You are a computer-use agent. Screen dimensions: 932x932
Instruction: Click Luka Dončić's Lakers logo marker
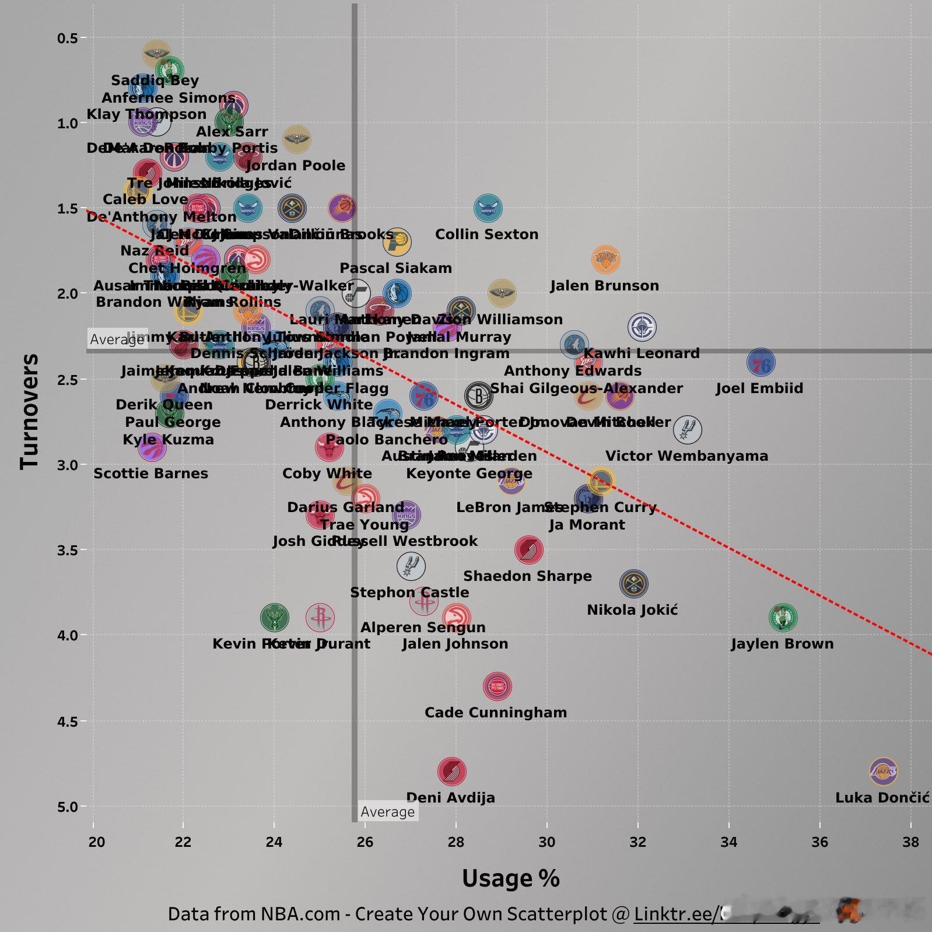pos(882,772)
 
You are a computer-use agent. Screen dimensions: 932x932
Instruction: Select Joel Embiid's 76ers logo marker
pos(761,363)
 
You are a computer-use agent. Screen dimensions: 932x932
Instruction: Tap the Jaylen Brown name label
pos(782,644)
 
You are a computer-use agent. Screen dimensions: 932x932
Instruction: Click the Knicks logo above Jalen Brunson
pos(606,260)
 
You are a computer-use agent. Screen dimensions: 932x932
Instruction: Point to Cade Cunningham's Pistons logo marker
pos(497,686)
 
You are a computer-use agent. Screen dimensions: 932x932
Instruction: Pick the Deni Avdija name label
pos(450,797)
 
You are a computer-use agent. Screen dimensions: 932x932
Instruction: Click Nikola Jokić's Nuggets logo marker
pos(633,583)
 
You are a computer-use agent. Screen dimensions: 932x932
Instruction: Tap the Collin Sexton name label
pos(486,234)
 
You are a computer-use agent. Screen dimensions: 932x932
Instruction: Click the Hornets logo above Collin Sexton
pos(488,208)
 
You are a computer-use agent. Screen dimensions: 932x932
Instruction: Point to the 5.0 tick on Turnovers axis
pos(68,807)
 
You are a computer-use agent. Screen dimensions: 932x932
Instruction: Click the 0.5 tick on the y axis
pos(68,38)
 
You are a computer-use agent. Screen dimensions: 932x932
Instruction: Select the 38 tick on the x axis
pos(910,842)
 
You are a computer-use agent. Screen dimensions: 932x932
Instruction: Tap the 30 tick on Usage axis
pos(546,842)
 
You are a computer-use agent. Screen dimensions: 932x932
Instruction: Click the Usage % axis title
pos(510,878)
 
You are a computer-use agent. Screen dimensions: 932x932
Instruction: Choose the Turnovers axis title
pos(29,411)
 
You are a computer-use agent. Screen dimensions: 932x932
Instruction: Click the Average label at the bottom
pos(387,812)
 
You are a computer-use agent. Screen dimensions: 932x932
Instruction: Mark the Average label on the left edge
pos(117,339)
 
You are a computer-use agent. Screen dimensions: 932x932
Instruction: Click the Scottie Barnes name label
pos(150,473)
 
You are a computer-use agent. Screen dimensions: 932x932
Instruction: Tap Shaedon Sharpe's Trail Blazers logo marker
pos(529,549)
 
